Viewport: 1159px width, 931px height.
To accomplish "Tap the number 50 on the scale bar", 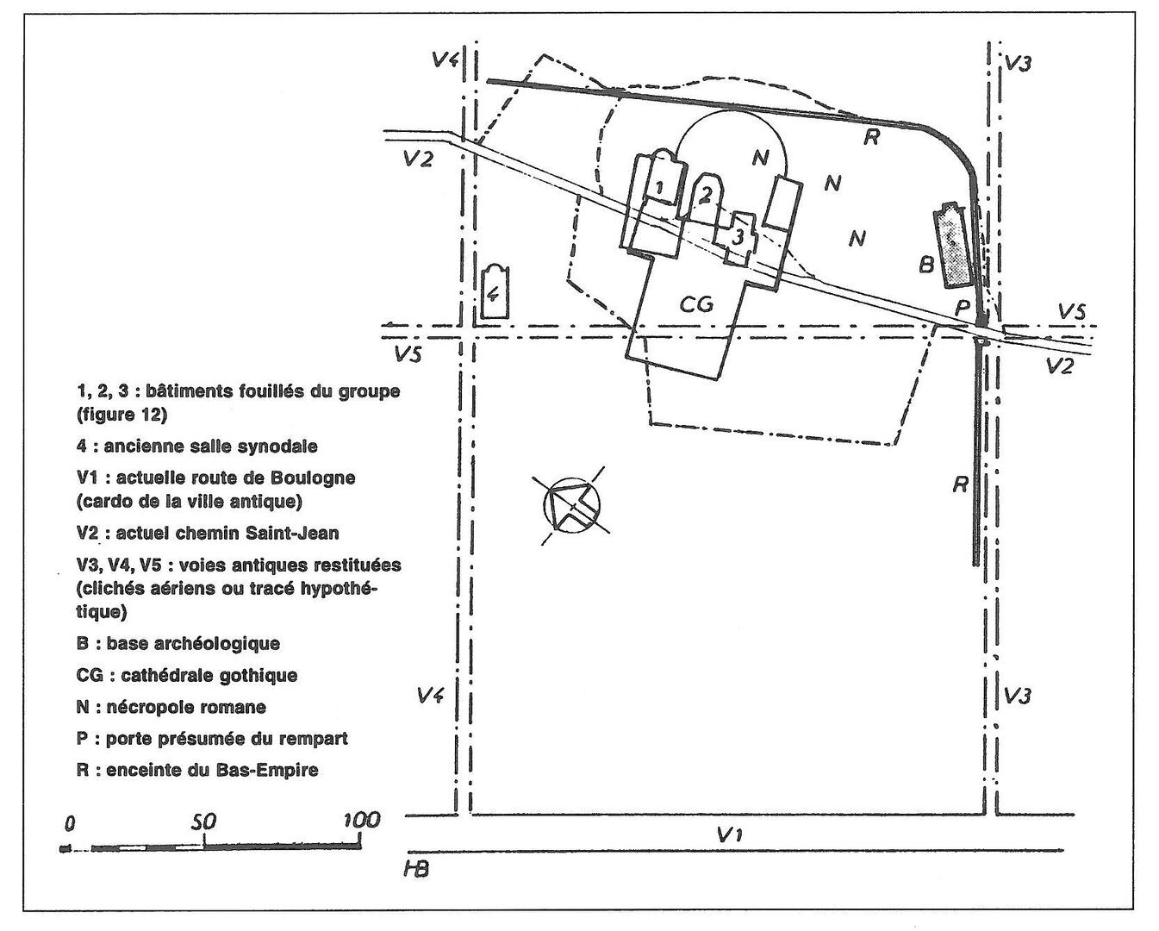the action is point(203,822).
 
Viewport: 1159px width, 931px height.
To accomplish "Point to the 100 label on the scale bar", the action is point(362,820).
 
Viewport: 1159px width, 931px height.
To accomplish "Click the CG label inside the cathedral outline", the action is point(696,304).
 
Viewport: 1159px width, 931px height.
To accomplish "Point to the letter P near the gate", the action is point(962,308).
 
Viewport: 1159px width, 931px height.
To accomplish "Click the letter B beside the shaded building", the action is point(926,265).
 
